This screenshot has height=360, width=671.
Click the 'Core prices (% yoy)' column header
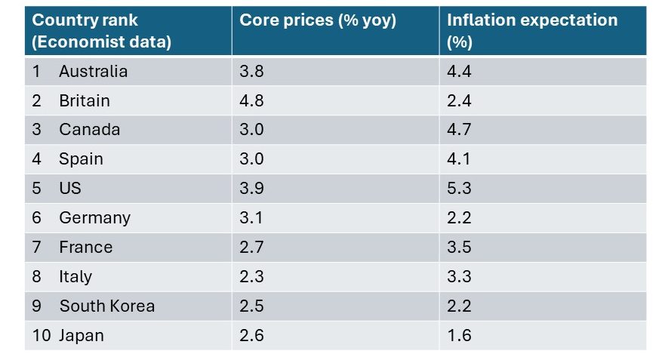(x=317, y=20)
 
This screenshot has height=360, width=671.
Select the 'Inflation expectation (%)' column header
(x=531, y=30)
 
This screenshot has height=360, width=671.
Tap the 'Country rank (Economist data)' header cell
(x=101, y=30)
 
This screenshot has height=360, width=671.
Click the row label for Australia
(x=93, y=72)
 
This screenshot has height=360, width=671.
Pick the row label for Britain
(x=84, y=101)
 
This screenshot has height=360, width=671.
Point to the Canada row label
(x=89, y=130)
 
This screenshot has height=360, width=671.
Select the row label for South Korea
(x=106, y=306)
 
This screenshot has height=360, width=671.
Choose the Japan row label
(x=82, y=336)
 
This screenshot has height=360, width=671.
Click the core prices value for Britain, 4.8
(x=251, y=101)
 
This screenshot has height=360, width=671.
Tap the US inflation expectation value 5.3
(x=459, y=189)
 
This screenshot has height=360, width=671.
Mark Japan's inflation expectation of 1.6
(x=459, y=336)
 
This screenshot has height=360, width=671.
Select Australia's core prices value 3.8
(x=251, y=72)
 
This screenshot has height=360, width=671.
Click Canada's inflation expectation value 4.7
(x=459, y=130)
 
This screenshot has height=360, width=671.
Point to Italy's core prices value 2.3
(x=251, y=277)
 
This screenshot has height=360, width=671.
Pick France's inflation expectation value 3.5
(x=459, y=248)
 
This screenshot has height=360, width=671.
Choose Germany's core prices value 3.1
(x=251, y=218)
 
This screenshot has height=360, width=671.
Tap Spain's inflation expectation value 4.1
(x=459, y=159)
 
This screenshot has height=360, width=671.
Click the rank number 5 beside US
(x=37, y=189)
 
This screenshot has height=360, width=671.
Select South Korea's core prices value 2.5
(x=251, y=306)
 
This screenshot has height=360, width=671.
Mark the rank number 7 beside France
(x=37, y=248)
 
